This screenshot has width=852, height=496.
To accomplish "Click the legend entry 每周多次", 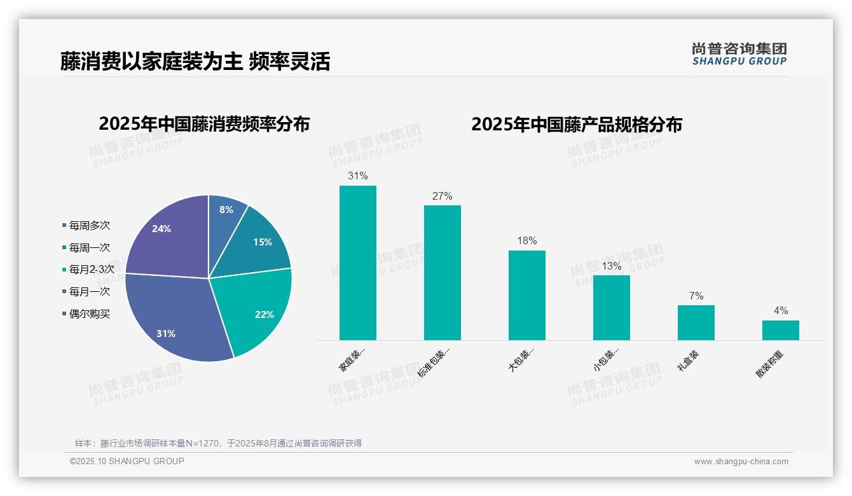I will coord(89,226).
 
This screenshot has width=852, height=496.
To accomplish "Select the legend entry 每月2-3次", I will coord(91,269).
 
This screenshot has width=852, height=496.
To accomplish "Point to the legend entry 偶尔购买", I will coord(89,313).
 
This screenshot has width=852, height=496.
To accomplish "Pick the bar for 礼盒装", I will coord(696,322).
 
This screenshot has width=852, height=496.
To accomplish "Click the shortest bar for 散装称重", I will coord(781,330).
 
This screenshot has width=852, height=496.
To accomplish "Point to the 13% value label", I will coord(612,266).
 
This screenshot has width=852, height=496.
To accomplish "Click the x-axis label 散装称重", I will coord(770,364).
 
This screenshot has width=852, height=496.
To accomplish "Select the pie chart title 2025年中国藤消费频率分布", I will coord(204,124).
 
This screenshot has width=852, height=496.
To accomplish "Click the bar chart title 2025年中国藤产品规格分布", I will coord(577,124).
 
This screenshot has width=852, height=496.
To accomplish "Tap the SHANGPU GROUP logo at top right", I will coord(739,54).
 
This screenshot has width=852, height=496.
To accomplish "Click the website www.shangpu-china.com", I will coord(741,462).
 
